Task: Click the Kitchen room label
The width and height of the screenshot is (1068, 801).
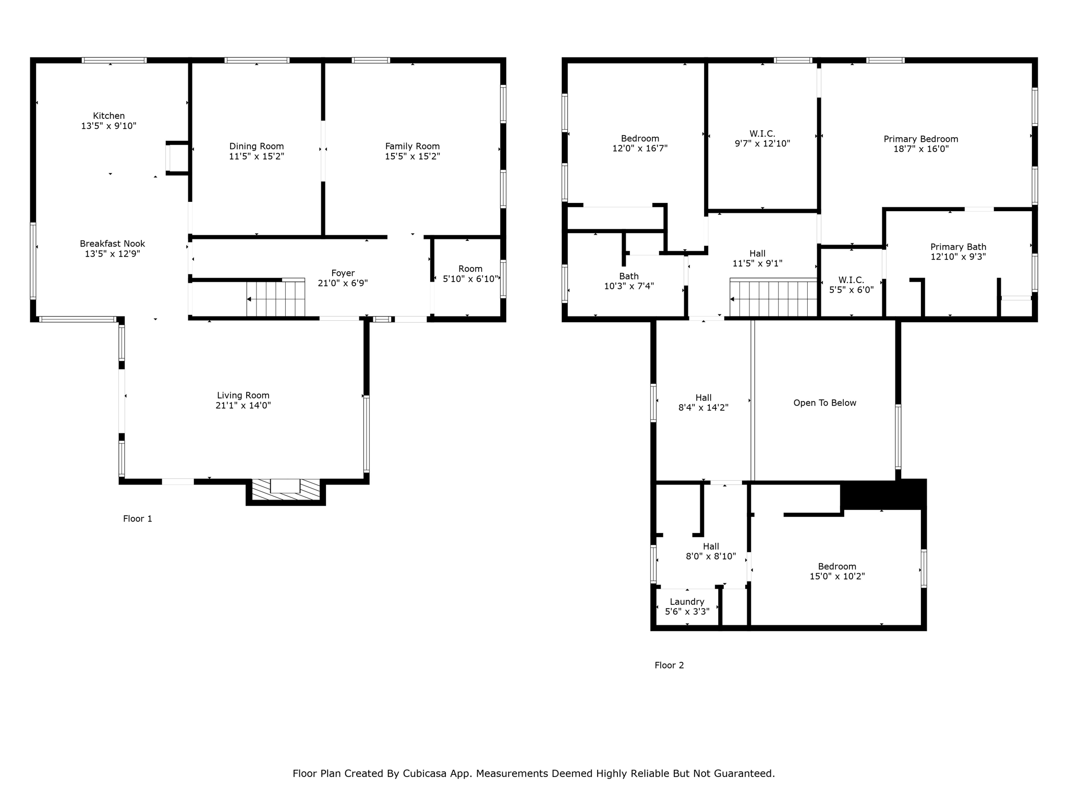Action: tap(108, 116)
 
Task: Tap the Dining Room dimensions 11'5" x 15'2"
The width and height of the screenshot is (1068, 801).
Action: tap(256, 156)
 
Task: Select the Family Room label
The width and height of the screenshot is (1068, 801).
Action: tap(412, 147)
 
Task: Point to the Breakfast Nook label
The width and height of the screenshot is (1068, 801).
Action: tap(112, 244)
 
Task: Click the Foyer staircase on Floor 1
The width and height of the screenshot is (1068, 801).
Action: tap(275, 299)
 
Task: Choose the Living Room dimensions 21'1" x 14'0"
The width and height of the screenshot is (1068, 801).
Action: tap(243, 405)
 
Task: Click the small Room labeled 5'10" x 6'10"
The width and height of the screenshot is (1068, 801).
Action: tap(470, 274)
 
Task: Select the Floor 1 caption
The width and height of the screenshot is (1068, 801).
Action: tap(138, 518)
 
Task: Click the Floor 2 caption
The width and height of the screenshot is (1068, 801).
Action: tap(669, 665)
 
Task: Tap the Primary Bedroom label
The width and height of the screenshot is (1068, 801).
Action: tap(920, 139)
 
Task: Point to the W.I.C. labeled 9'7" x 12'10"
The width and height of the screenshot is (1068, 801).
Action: tap(762, 139)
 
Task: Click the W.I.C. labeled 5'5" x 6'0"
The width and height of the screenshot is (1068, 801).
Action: tap(851, 285)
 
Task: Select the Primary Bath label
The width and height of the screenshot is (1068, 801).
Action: tap(958, 247)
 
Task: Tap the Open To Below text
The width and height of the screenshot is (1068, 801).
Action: tap(824, 403)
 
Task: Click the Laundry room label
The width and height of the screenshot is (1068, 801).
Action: tap(687, 602)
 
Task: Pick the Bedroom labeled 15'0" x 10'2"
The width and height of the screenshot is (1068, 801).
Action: tap(836, 571)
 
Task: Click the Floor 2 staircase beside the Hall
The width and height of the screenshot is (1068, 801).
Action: tap(773, 299)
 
